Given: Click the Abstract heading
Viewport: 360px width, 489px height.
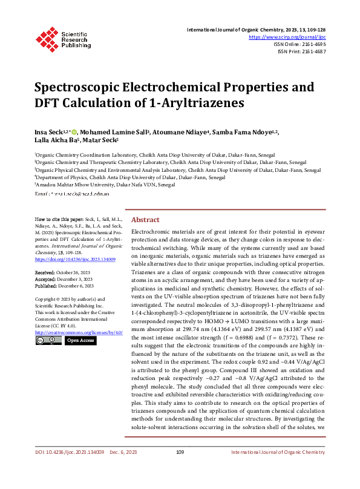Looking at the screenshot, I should [x=145, y=220].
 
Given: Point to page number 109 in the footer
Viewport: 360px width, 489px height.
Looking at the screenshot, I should [x=180, y=469].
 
